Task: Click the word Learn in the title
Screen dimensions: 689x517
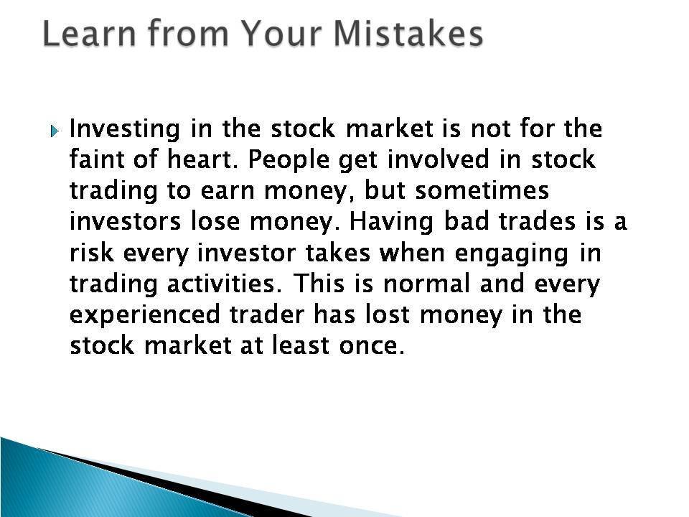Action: [90, 34]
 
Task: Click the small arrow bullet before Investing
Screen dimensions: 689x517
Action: [54, 131]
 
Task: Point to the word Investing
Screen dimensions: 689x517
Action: [125, 130]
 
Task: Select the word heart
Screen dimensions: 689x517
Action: [202, 159]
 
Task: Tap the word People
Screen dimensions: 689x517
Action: [289, 160]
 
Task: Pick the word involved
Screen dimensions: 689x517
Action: [438, 159]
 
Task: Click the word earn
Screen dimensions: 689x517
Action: [227, 191]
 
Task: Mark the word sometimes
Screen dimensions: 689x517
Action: [482, 190]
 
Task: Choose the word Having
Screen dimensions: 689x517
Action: [391, 223]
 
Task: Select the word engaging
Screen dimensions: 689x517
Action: [512, 254]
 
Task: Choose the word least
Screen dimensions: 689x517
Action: [300, 345]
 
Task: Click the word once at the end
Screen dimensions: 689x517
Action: [372, 346]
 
